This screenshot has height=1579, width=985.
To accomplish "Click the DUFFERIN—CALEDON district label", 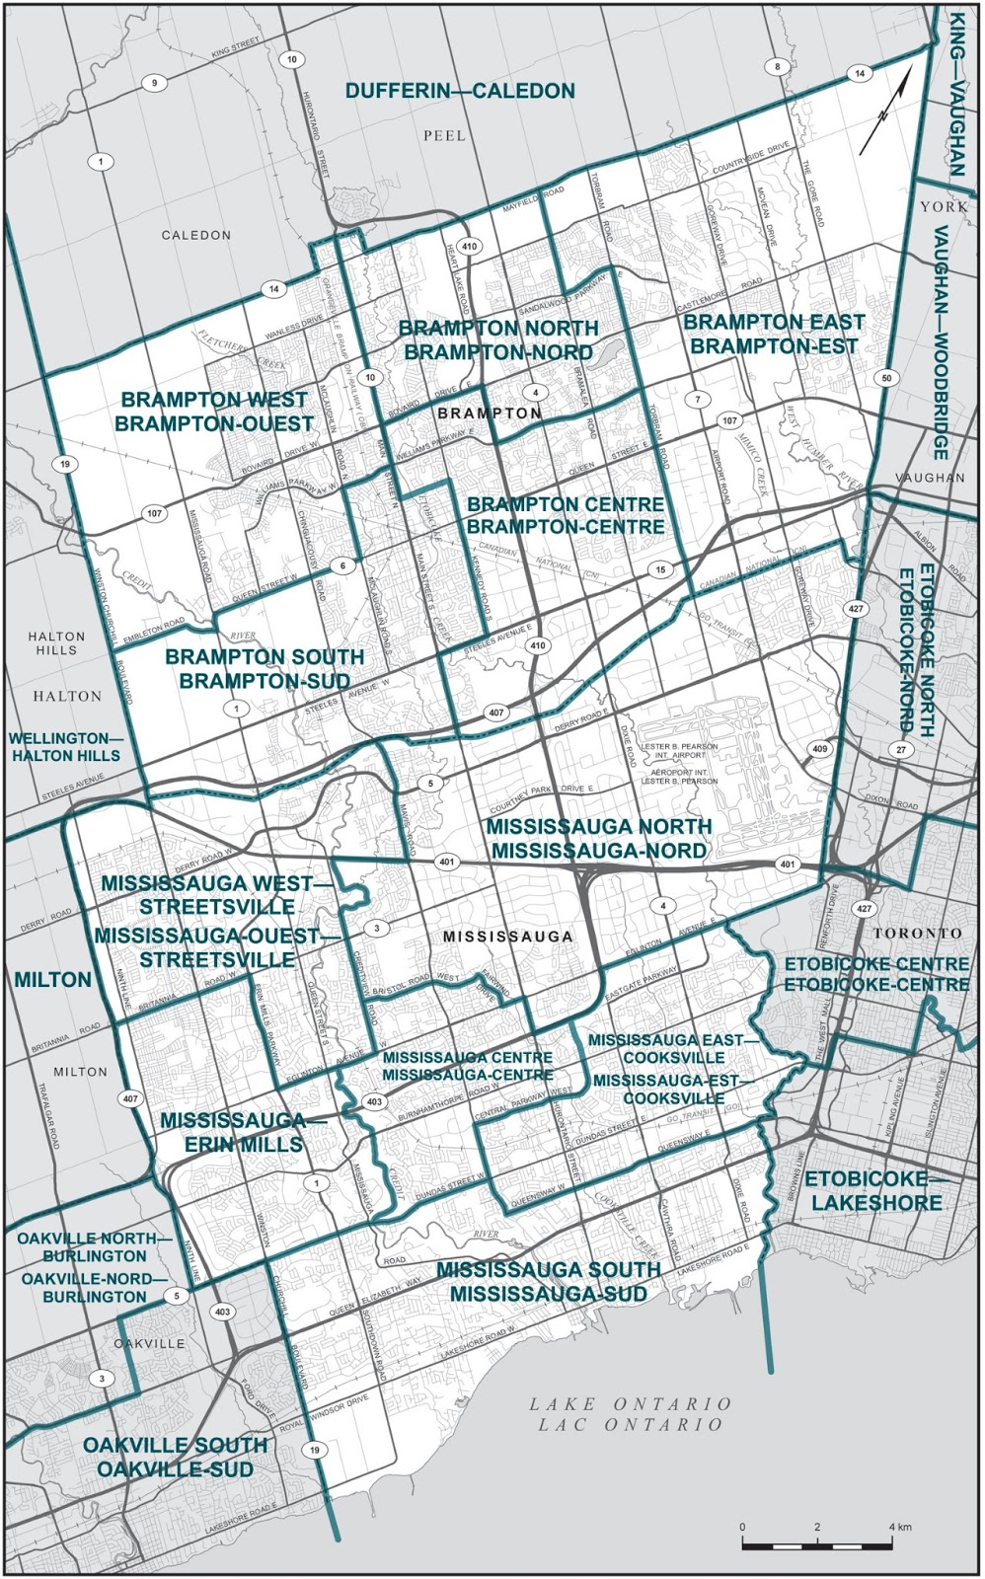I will pos(460,92).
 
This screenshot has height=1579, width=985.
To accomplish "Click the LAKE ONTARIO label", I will pos(630,1403).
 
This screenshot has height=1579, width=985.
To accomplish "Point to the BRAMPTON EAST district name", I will pos(774,323).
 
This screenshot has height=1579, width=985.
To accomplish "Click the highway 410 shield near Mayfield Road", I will pos(470,247).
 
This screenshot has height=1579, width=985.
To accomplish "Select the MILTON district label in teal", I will pos(53,980).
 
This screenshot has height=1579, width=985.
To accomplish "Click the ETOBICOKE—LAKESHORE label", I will pos(872,1191).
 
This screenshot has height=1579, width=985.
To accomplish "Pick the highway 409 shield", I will pos(820,750).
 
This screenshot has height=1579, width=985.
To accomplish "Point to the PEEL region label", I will pos(444,135).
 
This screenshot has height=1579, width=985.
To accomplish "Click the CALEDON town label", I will pos(196,235).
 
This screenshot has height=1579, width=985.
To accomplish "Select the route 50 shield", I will pos(886,379).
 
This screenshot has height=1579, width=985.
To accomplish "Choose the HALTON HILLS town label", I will pos(56,643).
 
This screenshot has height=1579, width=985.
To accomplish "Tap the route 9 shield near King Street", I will pos(154,83).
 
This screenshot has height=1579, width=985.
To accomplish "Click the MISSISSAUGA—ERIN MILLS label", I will pos(233,1133).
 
